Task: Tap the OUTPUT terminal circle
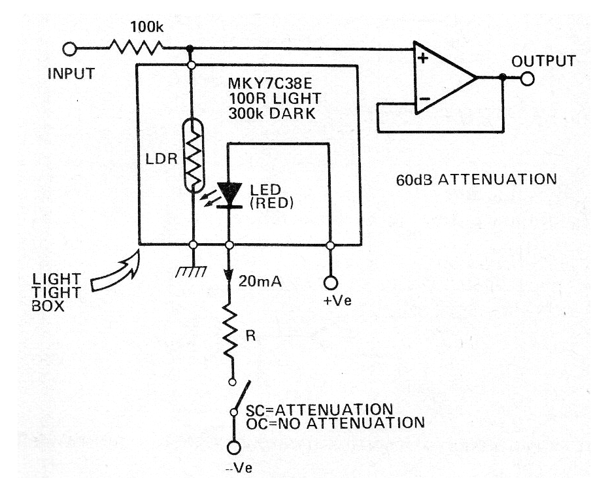[x=528, y=78]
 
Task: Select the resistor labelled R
[x=229, y=331]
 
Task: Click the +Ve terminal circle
[x=330, y=282]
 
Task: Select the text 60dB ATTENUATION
[x=476, y=178]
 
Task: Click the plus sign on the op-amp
[x=422, y=59]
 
